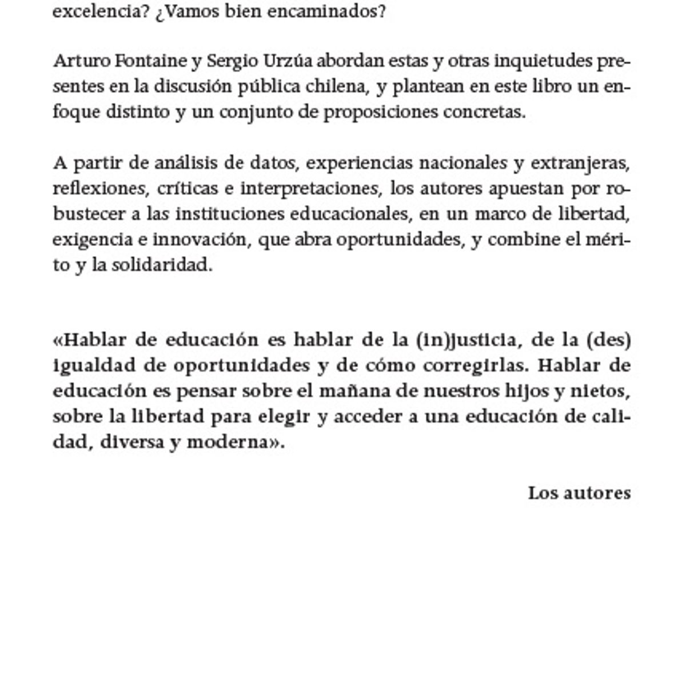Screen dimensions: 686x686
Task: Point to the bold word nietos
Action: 601,392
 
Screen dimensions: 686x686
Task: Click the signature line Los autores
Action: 579,493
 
